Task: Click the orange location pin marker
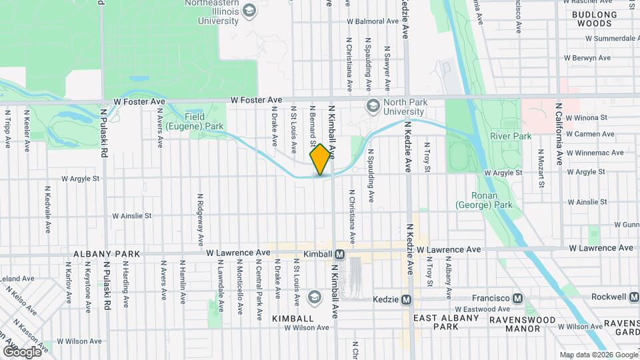pos(320,159)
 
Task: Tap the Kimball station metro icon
pos(340,254)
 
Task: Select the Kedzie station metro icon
pos(406,300)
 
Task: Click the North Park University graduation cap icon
pos(373,105)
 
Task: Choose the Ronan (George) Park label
pos(484,201)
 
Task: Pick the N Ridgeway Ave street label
pos(199,219)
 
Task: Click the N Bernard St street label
pos(312,127)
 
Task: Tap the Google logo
pos(22,351)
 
